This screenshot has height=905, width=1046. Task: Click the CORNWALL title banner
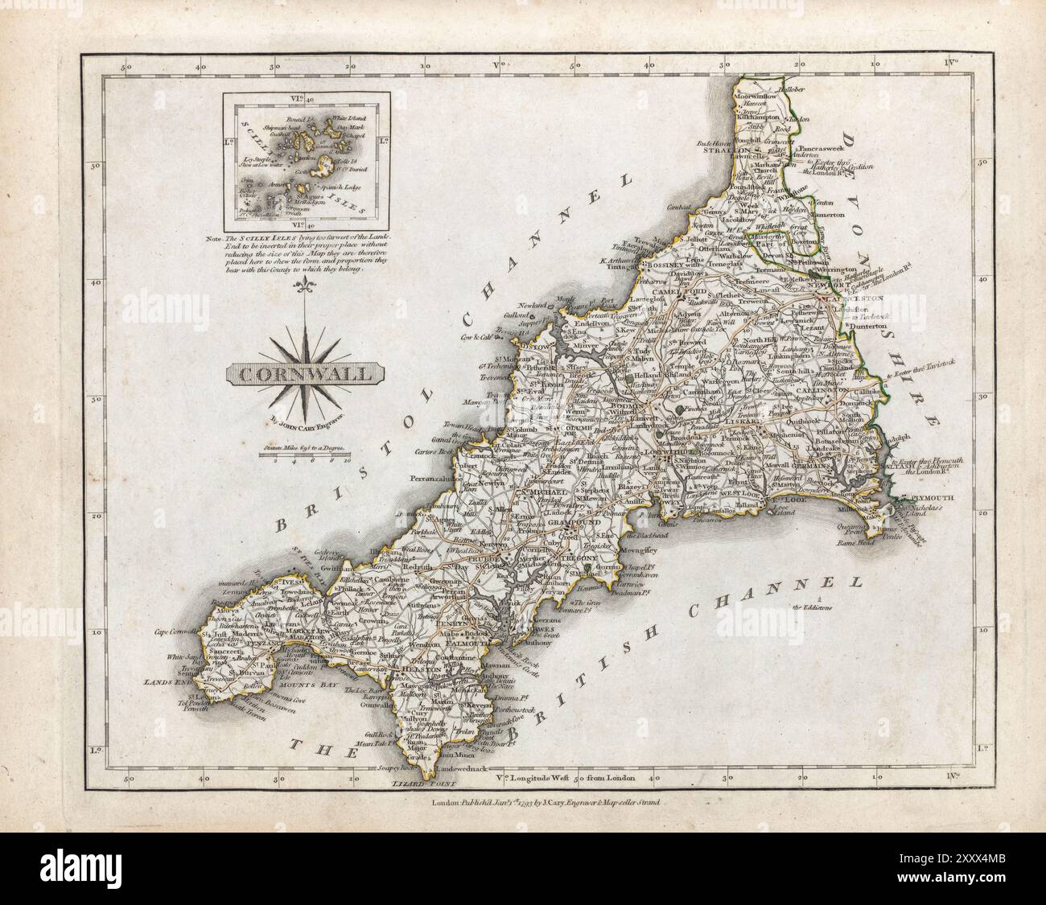click(305, 373)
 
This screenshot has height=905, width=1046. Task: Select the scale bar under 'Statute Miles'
click(305, 456)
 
